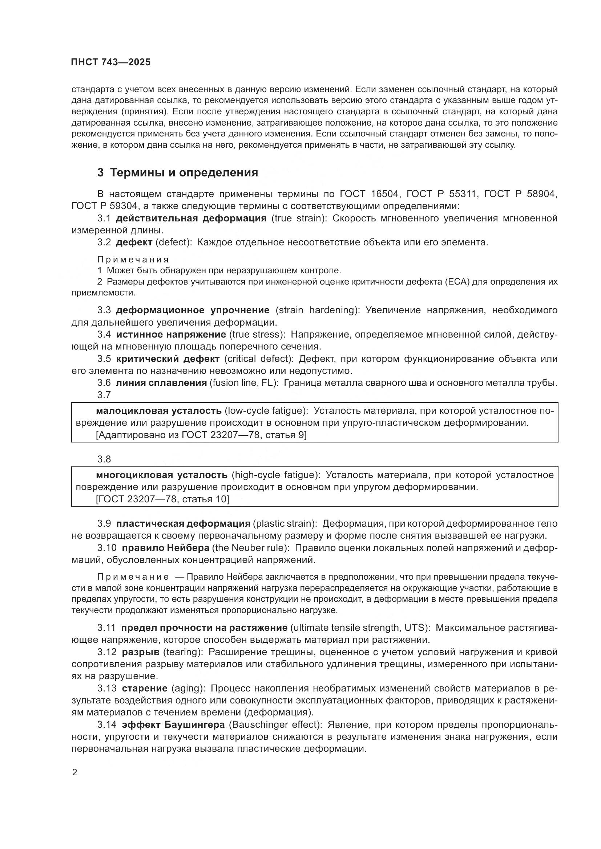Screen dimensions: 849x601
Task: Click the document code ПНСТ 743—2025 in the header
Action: click(x=111, y=62)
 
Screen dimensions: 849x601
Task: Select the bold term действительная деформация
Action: click(x=191, y=218)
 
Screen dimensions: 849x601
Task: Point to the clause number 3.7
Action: click(x=104, y=395)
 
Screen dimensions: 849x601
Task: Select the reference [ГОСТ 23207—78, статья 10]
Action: click(x=162, y=499)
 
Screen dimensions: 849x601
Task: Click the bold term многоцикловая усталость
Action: click(x=161, y=475)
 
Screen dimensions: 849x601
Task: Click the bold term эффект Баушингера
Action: click(x=173, y=724)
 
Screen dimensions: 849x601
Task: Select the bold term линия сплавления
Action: click(x=161, y=383)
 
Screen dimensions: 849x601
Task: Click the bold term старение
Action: click(x=145, y=688)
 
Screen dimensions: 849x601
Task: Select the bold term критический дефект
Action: click(x=168, y=359)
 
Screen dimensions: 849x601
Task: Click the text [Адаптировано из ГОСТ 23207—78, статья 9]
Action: click(x=201, y=435)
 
